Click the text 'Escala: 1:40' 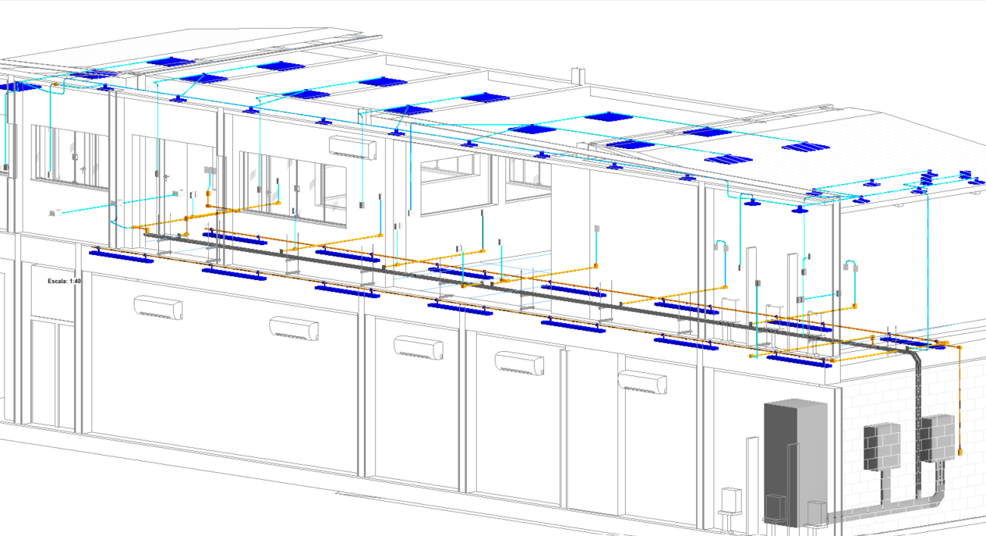64,281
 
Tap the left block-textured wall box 882,446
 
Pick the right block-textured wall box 938,438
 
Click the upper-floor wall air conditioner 352,147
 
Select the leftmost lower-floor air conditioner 158,307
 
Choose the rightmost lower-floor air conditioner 642,382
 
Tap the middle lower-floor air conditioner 419,347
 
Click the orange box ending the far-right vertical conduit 960,453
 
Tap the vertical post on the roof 578,76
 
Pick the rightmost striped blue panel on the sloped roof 805,147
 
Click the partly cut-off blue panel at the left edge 19,87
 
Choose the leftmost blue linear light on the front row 122,257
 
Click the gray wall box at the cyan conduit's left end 55,214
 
